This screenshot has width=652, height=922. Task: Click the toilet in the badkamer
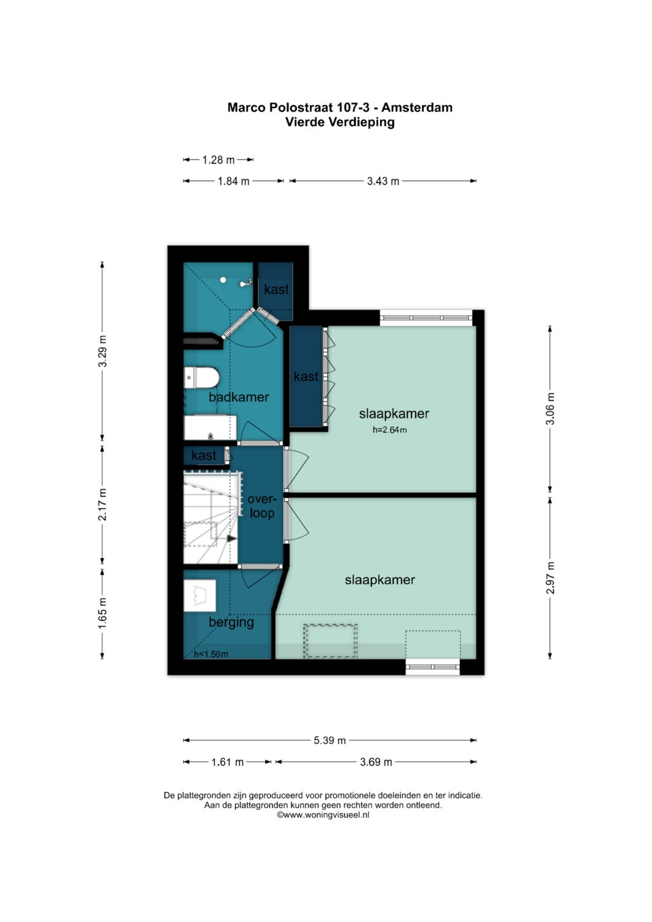(201, 377)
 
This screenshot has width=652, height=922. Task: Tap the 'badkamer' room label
(238, 397)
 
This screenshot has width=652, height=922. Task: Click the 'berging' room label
(231, 623)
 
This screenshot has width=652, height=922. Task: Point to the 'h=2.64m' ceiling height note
(389, 430)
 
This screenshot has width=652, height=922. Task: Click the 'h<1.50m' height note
(211, 654)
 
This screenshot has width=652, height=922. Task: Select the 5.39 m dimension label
(330, 740)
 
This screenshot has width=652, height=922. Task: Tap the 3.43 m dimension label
(383, 181)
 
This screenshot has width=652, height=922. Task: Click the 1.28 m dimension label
(218, 159)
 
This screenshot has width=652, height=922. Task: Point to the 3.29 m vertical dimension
(103, 351)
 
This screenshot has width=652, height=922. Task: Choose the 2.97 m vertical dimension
(550, 578)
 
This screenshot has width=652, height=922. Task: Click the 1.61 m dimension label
(227, 763)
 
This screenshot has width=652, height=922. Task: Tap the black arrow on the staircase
(232, 539)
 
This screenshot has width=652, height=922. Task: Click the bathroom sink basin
(210, 427)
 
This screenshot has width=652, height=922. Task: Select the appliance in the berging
(200, 595)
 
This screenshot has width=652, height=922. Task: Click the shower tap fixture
(246, 283)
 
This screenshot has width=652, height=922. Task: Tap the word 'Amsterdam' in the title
(417, 107)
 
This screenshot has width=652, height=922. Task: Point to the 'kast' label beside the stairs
(203, 455)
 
